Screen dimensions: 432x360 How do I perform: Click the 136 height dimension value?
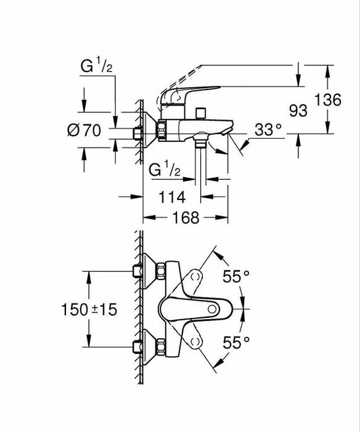coord(327,100)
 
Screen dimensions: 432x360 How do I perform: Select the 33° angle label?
coord(268,130)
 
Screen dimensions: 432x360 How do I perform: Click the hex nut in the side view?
coord(162,131)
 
